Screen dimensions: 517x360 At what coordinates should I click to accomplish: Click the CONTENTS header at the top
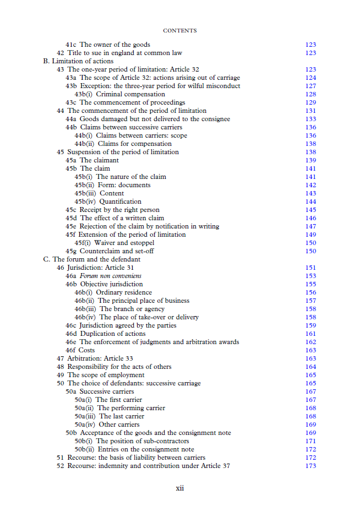[179, 31]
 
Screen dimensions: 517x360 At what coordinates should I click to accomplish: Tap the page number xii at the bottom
[179, 488]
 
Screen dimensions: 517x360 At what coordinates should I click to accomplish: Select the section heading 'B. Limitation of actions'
[78, 61]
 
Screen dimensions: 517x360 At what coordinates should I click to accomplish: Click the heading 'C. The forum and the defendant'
[91, 259]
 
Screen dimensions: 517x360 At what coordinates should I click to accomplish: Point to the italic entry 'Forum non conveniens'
[110, 276]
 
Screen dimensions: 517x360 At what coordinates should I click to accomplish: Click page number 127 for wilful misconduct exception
[310, 86]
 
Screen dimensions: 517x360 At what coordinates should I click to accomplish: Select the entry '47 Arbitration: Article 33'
[95, 358]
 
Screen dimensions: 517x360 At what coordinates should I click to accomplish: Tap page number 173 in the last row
[310, 466]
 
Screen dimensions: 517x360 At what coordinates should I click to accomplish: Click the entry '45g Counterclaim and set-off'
[110, 251]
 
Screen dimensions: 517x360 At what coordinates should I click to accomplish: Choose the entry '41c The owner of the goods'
[108, 45]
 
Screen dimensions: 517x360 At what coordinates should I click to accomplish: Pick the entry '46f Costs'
[80, 350]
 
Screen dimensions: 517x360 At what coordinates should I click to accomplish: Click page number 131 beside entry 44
[310, 111]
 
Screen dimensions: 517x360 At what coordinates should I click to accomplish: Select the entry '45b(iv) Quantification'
[108, 202]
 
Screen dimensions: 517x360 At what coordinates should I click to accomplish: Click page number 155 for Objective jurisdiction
[310, 284]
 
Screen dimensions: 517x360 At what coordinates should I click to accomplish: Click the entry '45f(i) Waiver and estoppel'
[114, 243]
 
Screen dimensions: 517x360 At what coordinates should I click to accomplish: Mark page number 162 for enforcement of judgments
[310, 342]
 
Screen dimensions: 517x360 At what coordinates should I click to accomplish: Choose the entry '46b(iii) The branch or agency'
[119, 309]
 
